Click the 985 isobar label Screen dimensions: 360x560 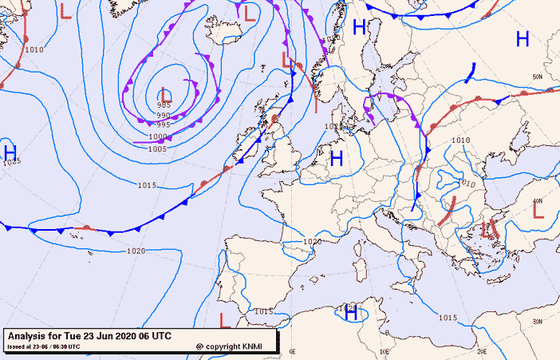pyautogui.click(x=164, y=105)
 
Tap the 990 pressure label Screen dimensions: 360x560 pyautogui.click(x=164, y=115)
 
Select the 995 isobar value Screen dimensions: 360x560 pyautogui.click(x=163, y=125)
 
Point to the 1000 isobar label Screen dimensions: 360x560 pyautogui.click(x=158, y=136)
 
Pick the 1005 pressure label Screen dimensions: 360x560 pyautogui.click(x=157, y=148)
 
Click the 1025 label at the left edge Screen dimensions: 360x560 pyautogui.click(x=10, y=162)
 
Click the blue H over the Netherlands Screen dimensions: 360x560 pyautogui.click(x=337, y=158)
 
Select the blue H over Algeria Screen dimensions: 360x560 pyautogui.click(x=350, y=315)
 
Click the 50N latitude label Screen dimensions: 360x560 pyautogui.click(x=538, y=77)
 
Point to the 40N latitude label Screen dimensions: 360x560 pyautogui.click(x=538, y=201)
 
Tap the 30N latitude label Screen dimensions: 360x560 pyautogui.click(x=538, y=322)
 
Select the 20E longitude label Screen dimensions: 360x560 pyautogui.click(x=482, y=350)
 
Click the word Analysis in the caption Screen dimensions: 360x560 pyautogui.click(x=30, y=335)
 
